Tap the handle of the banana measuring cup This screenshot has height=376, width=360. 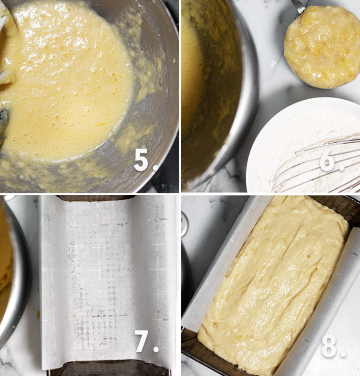coord(298,6)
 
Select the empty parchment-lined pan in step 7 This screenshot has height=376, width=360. coord(108,281)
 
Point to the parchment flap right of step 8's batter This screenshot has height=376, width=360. coord(323,300)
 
